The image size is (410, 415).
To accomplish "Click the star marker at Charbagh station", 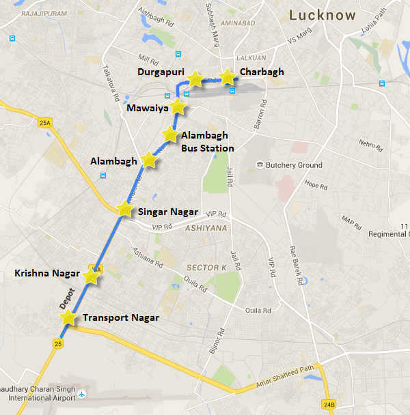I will point(227,77).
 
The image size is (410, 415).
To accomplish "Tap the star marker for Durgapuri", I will point(195,79).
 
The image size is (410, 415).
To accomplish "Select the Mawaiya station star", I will point(178,106).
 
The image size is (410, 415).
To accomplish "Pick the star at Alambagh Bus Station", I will point(169,134).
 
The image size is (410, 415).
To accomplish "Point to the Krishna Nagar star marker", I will point(91,276).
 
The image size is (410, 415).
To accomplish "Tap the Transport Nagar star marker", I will point(68,317).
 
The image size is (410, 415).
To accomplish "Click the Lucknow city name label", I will point(323,15).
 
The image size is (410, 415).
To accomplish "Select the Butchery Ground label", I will point(294,165).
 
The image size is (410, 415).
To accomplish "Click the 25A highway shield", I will point(45,123).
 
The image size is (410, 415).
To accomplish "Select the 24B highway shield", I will point(329,405).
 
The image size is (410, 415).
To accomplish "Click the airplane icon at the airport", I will point(83,395).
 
